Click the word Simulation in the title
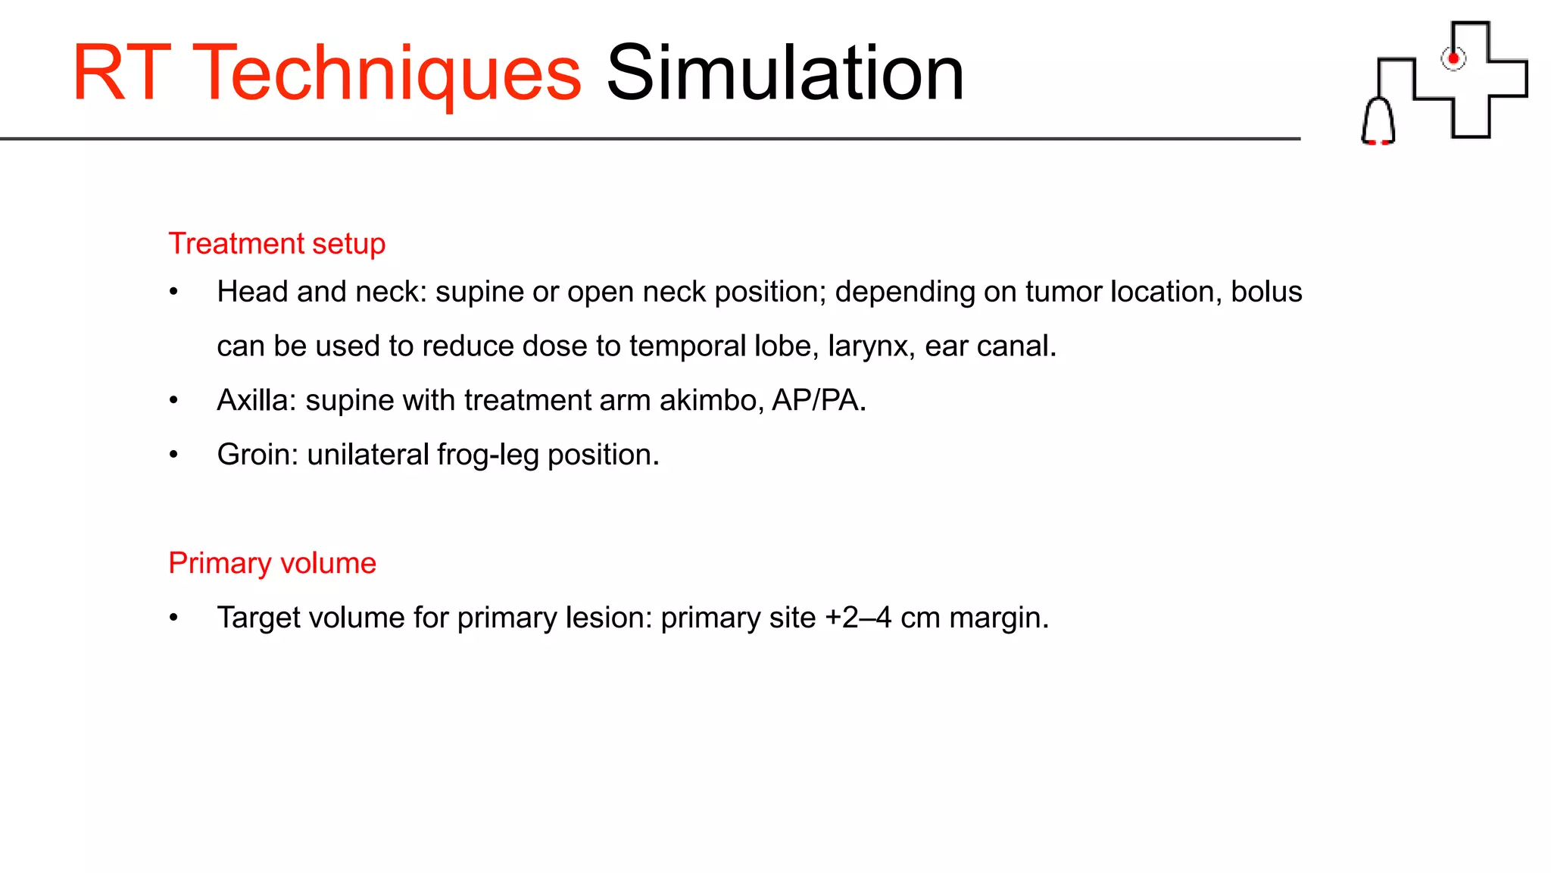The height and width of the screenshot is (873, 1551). point(785,74)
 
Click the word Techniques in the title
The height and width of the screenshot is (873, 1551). point(387,74)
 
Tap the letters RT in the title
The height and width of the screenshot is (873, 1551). point(121,74)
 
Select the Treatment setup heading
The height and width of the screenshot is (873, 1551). point(276,244)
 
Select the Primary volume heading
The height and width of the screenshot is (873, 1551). point(272,563)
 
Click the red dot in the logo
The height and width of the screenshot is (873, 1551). point(1453,58)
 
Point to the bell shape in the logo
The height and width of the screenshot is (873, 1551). point(1378,121)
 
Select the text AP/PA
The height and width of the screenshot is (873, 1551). point(818,400)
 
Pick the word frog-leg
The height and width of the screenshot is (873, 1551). point(488,455)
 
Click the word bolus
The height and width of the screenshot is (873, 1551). point(1265,292)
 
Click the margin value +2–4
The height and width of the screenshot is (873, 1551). point(858,618)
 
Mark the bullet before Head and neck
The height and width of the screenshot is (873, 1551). point(173,292)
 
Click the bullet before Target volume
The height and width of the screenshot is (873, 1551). point(173,618)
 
